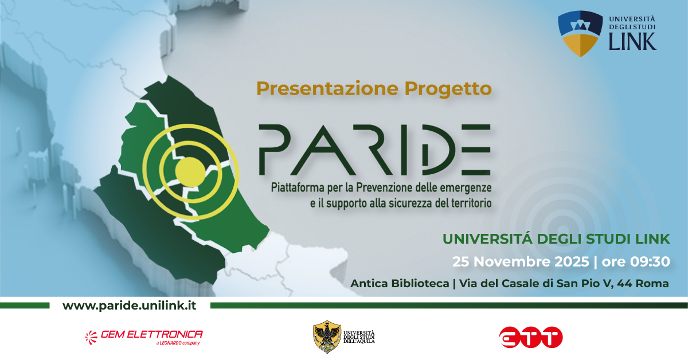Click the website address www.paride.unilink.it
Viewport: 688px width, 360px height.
pyautogui.click(x=129, y=306)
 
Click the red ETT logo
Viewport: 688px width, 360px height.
pyautogui.click(x=530, y=338)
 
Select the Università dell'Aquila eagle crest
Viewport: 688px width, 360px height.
pyautogui.click(x=327, y=337)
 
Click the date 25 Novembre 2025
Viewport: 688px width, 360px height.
pyautogui.click(x=521, y=262)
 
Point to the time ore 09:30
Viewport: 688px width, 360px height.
pyautogui.click(x=635, y=262)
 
